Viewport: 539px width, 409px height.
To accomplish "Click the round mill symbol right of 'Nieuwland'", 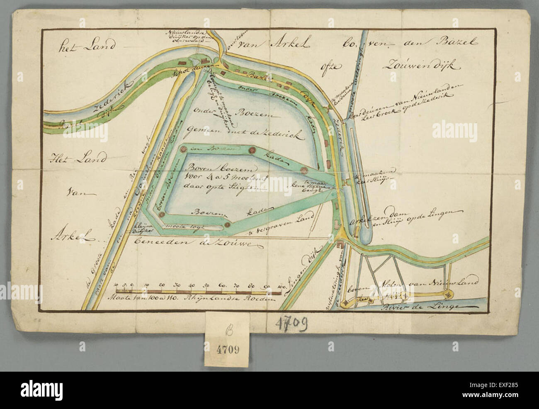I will coord(448,295).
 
